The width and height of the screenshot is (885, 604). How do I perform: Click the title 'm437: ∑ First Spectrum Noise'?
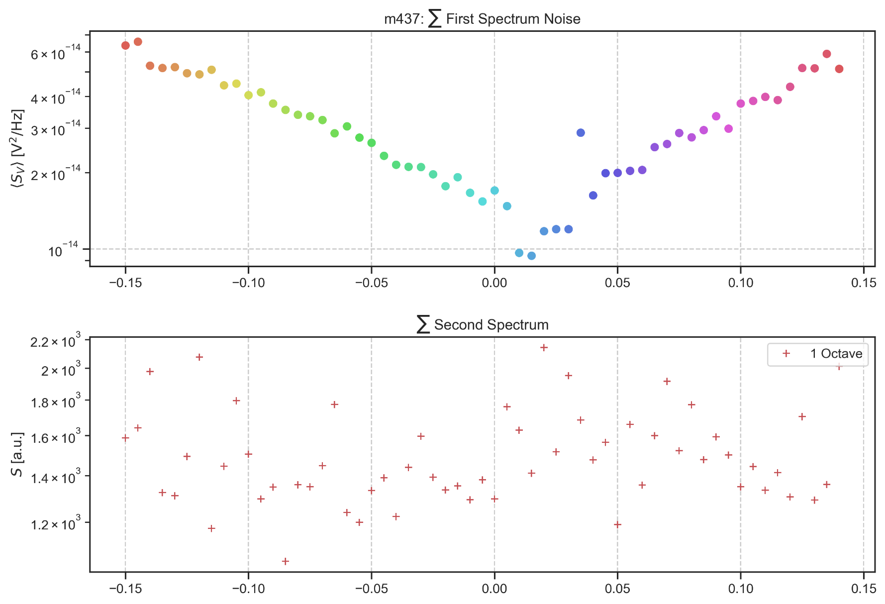[x=482, y=19]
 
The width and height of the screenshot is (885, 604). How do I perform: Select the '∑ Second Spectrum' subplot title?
[x=482, y=325]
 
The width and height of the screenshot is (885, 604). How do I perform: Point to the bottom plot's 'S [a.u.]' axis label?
[x=17, y=454]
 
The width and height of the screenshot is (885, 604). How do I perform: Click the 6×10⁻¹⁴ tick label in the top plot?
[x=55, y=53]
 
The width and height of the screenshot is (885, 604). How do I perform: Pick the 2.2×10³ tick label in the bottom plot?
[x=55, y=342]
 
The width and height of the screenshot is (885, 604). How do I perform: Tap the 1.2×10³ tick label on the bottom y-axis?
[x=55, y=524]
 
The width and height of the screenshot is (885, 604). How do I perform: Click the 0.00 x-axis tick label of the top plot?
[x=494, y=283]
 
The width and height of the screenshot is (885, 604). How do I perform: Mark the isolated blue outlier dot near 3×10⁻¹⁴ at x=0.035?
[x=581, y=133]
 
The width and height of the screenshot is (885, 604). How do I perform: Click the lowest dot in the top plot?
[x=531, y=256]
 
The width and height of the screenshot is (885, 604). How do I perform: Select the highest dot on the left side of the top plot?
[x=138, y=42]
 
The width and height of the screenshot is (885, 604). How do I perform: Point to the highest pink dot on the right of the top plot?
[x=827, y=54]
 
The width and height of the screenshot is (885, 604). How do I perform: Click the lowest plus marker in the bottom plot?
[x=286, y=561]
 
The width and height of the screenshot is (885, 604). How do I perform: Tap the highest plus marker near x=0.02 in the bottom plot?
[x=544, y=348]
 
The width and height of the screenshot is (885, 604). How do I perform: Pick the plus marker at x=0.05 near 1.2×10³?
[x=617, y=524]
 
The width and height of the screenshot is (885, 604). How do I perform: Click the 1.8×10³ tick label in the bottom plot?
[x=55, y=402]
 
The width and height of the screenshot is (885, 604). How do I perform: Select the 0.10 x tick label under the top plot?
[x=740, y=283]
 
